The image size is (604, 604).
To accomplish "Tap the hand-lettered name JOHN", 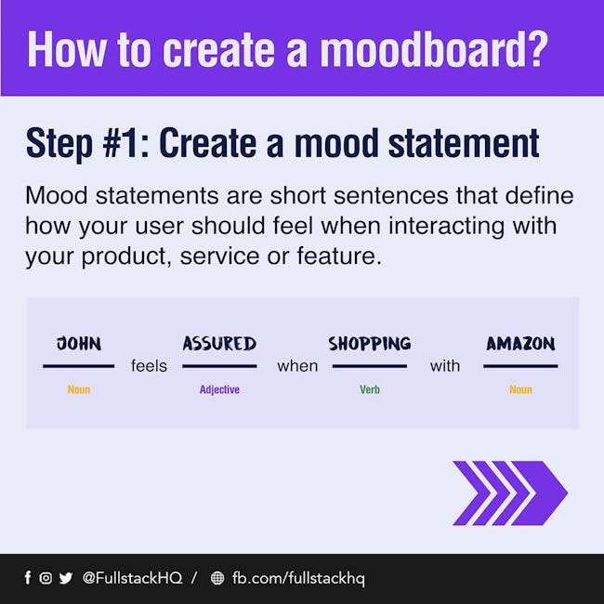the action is (79, 343).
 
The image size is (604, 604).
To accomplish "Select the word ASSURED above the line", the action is (219, 343).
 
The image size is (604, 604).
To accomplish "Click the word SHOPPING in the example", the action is (370, 343).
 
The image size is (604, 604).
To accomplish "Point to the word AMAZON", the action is (520, 343).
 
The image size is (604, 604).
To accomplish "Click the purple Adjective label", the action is (219, 389).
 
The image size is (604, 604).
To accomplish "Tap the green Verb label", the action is (370, 389).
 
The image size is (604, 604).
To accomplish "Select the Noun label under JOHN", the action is (79, 389).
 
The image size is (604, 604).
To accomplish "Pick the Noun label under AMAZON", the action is (520, 389).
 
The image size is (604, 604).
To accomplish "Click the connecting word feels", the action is (149, 365).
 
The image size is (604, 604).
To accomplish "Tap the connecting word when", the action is (297, 366).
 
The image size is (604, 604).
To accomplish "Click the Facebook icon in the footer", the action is (27, 577).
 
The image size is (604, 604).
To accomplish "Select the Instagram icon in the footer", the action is (46, 578).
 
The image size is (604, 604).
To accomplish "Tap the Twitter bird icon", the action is (65, 578).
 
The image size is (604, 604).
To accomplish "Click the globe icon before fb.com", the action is (217, 578).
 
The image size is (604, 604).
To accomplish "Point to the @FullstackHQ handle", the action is (132, 578).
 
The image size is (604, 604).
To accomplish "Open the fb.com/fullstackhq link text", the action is (298, 579).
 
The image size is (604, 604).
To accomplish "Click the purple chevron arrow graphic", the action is (510, 492).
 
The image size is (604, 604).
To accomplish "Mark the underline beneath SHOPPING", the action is (370, 366).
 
